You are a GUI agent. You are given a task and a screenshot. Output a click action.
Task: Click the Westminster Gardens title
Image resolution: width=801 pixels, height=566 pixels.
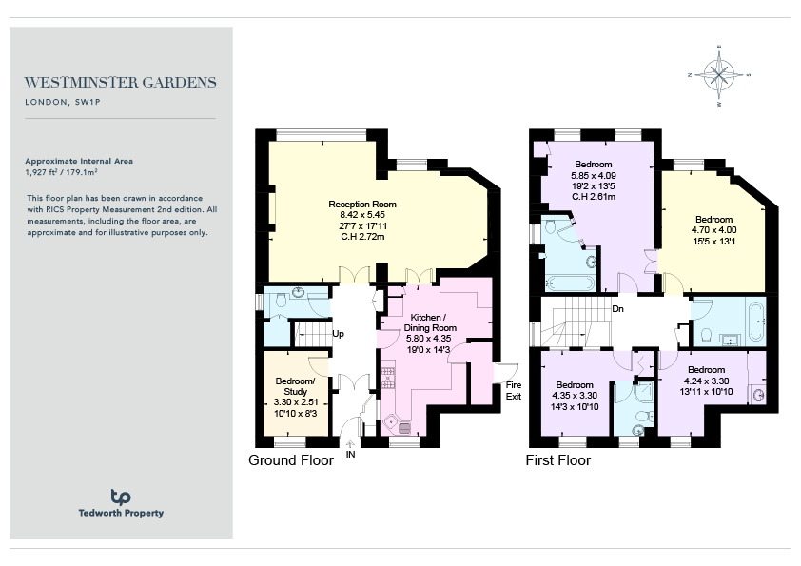[x=121, y=82]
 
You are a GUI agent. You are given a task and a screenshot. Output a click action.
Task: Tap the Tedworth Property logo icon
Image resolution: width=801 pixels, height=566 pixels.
[x=121, y=498]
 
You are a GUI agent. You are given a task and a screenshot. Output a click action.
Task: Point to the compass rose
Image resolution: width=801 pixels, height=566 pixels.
[x=719, y=75]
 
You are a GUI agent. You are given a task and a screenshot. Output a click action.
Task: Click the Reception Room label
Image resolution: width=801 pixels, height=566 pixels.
[x=362, y=205]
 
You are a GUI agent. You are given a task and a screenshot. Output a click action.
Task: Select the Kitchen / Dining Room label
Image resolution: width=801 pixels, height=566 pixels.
[x=429, y=322]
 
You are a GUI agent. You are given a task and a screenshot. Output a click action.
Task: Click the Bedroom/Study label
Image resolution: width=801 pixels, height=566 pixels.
[x=295, y=386]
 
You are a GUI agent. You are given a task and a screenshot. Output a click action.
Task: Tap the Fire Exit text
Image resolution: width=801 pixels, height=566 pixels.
[x=514, y=391]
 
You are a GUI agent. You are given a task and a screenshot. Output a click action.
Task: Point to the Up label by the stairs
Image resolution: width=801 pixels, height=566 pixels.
[x=338, y=334]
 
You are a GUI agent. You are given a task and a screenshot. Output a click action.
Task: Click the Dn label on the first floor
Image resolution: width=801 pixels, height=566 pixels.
[x=617, y=309]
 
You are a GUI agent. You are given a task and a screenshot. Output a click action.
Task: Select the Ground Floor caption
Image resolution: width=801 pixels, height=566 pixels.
[x=291, y=460]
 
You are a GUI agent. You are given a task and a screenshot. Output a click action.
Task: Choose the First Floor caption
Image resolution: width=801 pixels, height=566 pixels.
[x=557, y=460]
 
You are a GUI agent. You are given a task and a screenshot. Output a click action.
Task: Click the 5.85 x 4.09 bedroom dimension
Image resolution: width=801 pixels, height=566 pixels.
[x=593, y=175]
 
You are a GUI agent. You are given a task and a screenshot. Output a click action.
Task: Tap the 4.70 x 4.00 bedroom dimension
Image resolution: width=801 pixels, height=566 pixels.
[x=713, y=230]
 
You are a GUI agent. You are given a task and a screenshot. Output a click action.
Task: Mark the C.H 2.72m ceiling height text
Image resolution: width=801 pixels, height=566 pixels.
[x=362, y=237]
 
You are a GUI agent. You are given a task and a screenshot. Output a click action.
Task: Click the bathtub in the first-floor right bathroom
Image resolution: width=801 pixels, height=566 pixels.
[x=755, y=322]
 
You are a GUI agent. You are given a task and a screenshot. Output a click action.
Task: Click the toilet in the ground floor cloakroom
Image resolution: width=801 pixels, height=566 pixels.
[x=281, y=301]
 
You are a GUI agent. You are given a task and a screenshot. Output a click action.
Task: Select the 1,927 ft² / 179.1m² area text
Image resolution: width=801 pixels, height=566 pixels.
[x=61, y=172]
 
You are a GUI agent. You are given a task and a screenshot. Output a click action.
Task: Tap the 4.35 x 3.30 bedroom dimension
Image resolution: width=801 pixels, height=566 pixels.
[x=575, y=396]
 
